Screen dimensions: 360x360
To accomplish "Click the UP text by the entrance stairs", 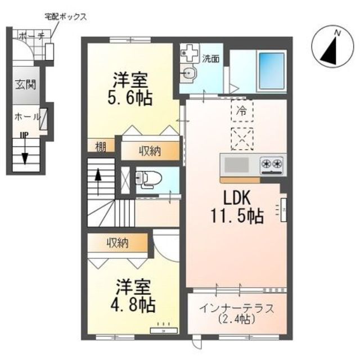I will point(24,136).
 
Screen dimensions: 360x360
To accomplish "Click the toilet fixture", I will point(147,179).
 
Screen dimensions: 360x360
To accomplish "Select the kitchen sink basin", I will point(237,165).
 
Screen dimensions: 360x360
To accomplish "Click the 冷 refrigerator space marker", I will point(242,111).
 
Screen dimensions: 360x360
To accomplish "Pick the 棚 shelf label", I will point(101,148).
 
